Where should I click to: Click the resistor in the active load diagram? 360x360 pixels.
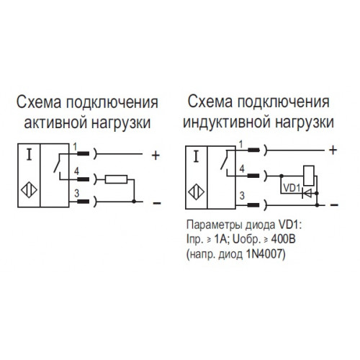coord(116,179)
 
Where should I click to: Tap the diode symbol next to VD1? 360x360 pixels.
coord(307,193)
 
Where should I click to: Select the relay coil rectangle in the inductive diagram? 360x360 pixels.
coord(309,176)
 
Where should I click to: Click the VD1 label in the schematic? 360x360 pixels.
coord(292,188)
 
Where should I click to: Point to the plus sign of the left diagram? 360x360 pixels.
coord(156,156)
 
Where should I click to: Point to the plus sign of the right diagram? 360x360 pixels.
coord(333,150)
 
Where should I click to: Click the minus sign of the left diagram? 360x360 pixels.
coord(157,204)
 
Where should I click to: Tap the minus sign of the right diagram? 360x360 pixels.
coord(334,205)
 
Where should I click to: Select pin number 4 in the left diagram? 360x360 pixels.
coord(76,171)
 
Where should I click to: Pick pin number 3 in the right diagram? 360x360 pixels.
coord(242,195)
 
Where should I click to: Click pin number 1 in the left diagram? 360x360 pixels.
coord(75,147)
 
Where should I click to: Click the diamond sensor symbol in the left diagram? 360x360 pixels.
coord(29,190)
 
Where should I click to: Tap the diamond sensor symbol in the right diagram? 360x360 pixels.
coord(196,192)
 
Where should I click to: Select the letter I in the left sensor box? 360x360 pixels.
coord(29,154)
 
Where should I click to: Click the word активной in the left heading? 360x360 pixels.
coord(56,123)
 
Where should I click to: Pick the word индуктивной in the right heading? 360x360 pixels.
coord(227,122)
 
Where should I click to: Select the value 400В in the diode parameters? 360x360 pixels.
coord(284,239)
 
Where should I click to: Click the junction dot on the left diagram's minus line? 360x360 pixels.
coord(134,202)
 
